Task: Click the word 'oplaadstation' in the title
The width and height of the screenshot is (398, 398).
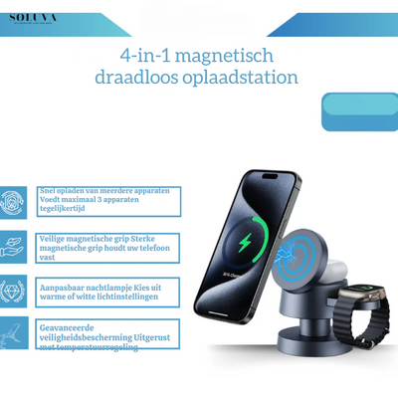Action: click(243, 78)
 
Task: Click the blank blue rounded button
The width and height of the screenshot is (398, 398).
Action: click(359, 112)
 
